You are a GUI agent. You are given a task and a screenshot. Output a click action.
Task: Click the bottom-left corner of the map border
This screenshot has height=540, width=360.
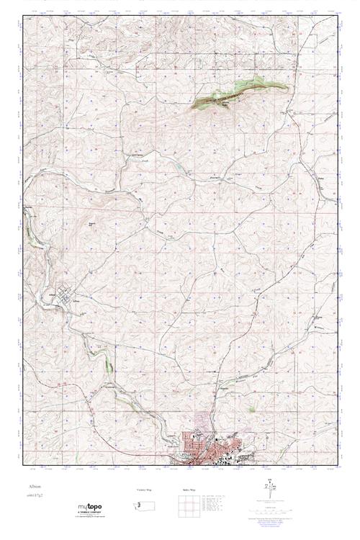[x=23, y=464]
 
